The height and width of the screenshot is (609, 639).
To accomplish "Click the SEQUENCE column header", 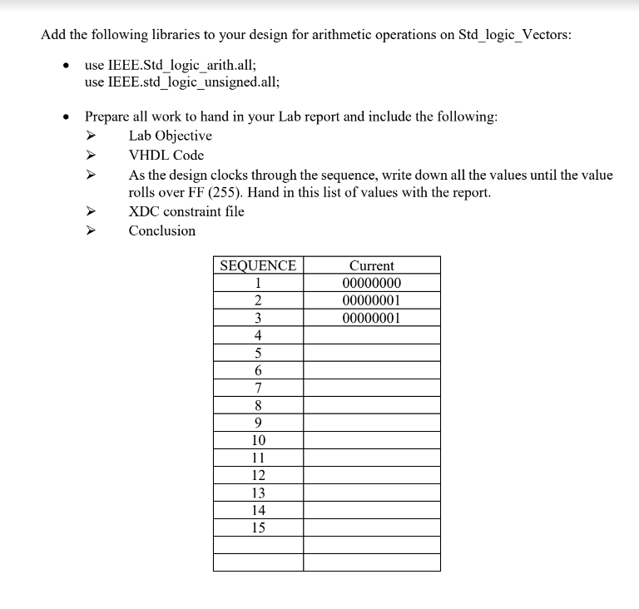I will tap(258, 265).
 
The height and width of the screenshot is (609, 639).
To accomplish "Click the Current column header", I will tap(371, 265).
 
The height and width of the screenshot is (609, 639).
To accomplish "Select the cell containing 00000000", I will tap(371, 283).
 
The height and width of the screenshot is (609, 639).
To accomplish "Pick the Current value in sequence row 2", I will tap(371, 300).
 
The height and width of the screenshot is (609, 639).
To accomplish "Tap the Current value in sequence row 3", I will tap(371, 318).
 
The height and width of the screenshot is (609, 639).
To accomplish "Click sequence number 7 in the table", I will tap(258, 388).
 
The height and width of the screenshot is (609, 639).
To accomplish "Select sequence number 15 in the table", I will tap(258, 527).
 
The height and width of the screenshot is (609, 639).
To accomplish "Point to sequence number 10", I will tap(258, 440).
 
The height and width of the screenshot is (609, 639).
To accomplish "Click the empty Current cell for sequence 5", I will tap(371, 353).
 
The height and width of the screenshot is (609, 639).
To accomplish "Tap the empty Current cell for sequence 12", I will tap(371, 475).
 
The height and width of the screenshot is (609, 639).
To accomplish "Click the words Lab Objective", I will tap(170, 136).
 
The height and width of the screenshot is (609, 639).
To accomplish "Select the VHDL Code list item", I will tap(166, 155).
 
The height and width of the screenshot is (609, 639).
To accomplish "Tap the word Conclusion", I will tap(161, 230).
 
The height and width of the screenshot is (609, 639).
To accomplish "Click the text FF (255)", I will tap(202, 192).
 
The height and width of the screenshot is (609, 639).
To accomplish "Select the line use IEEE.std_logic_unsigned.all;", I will tap(182, 82).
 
